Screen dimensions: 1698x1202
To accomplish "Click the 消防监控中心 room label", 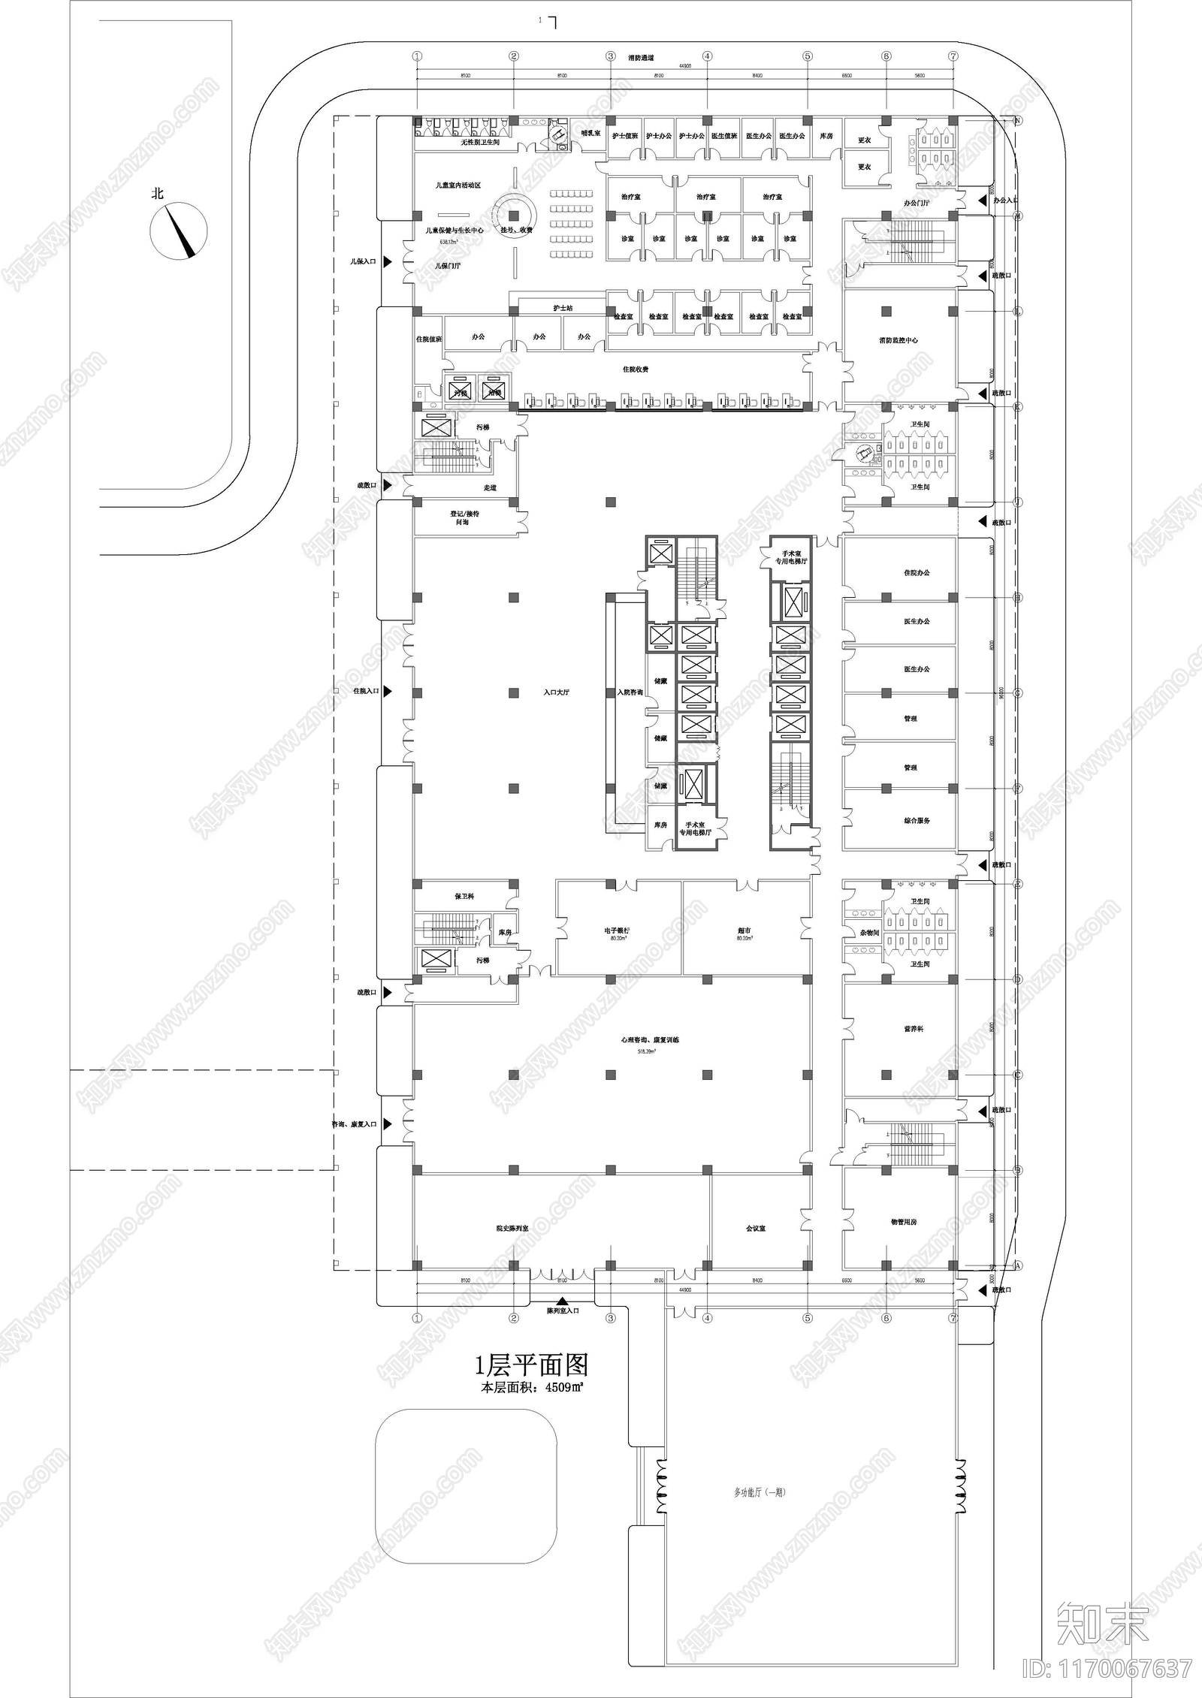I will click(x=898, y=340).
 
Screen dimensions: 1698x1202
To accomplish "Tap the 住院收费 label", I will click(x=635, y=369).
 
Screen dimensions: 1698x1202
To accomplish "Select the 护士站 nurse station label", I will click(x=563, y=308).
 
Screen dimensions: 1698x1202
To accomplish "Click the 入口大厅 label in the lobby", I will click(x=557, y=692).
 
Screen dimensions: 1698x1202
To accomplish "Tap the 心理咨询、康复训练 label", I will click(x=650, y=1040).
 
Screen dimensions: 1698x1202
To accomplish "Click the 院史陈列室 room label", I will click(x=512, y=1229).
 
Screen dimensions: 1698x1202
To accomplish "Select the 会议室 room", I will click(x=756, y=1229).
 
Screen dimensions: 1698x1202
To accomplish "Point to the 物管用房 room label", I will click(x=904, y=1222).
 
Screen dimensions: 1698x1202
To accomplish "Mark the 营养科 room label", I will click(x=914, y=1029).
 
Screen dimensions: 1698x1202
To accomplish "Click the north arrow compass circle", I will click(x=179, y=231).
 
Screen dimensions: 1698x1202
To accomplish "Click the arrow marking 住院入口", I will click(x=388, y=691).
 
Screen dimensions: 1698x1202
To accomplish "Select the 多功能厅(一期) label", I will click(x=760, y=1492).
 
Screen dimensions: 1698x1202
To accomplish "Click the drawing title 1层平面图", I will click(x=532, y=1365).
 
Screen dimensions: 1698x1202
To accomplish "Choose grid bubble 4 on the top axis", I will click(x=707, y=56).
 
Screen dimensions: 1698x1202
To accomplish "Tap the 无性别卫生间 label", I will click(x=480, y=142).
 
